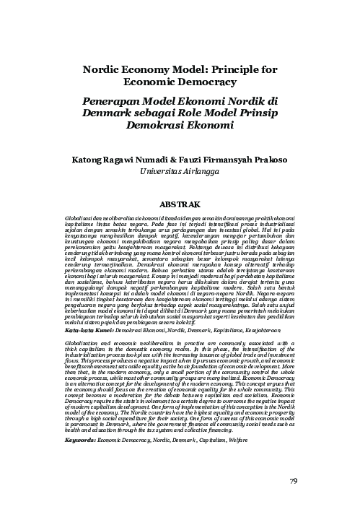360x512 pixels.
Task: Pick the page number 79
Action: (294, 481)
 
